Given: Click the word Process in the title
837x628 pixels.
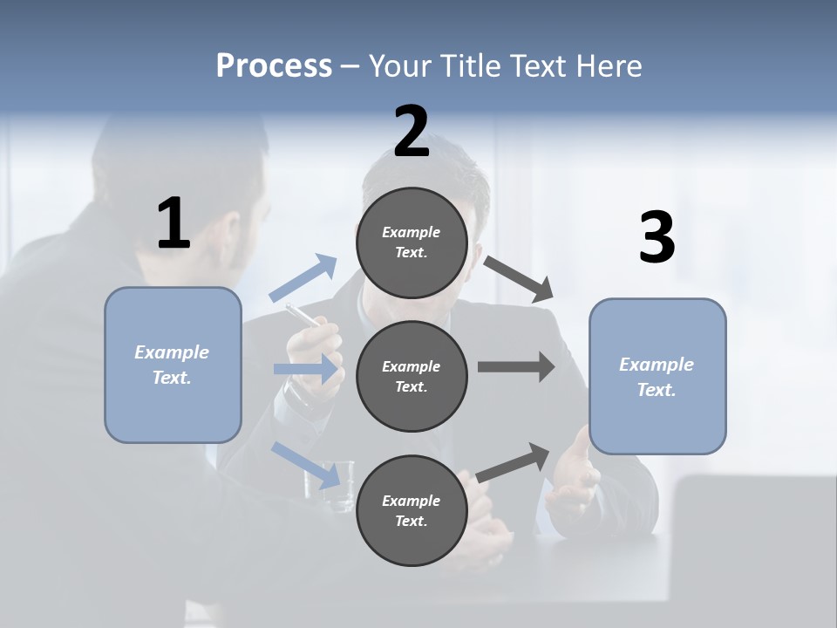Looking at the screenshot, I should (274, 66).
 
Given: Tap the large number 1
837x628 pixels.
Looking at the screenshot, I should (174, 224).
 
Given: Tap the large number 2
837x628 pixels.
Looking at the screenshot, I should (412, 132).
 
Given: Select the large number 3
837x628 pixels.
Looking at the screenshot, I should (657, 238).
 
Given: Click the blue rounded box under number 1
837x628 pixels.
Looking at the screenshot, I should (173, 365).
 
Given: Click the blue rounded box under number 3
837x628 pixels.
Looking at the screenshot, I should (657, 376).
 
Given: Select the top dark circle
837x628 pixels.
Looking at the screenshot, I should (412, 242).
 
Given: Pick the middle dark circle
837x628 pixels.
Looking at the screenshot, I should (412, 376).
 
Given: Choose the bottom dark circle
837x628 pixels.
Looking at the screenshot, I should (412, 510).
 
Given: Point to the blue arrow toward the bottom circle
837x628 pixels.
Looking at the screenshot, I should (305, 465).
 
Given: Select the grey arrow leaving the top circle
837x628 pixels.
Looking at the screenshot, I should (518, 277).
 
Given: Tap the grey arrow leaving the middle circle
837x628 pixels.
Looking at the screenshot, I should (515, 366).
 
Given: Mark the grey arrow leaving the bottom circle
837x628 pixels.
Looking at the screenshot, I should (514, 462).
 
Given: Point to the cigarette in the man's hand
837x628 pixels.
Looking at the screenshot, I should (302, 315).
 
